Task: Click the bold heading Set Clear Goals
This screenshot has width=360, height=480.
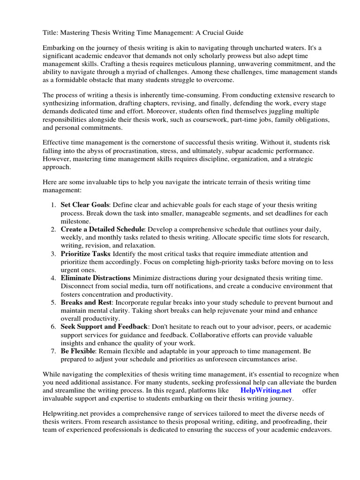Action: pos(84,205)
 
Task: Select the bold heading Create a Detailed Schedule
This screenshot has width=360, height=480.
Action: pos(102,229)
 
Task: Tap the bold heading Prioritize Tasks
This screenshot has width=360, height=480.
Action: pos(85,254)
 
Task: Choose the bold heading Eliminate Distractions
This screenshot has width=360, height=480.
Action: pos(96,278)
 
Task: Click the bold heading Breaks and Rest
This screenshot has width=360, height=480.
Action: pos(86,302)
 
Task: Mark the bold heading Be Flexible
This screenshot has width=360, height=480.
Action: pos(78,351)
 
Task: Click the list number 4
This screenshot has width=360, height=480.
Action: pos(53,278)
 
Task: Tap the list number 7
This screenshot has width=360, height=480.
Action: pos(53,351)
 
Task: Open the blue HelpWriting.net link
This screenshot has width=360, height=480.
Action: pos(266,390)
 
